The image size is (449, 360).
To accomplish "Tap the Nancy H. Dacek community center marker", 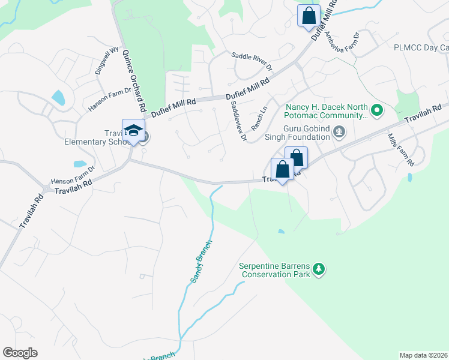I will (x=377, y=110).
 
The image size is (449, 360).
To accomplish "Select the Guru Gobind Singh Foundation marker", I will (x=339, y=131).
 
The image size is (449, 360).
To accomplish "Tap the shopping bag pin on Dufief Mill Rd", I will (x=309, y=16).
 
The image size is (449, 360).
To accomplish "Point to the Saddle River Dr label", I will (x=252, y=61).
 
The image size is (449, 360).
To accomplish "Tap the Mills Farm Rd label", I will (x=400, y=150).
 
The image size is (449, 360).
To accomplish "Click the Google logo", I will (x=20, y=353).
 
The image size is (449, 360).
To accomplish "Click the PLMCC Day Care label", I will (x=421, y=48).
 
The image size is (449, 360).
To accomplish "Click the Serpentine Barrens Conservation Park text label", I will (x=276, y=271).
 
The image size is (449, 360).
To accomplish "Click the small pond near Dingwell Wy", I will (x=58, y=97).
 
